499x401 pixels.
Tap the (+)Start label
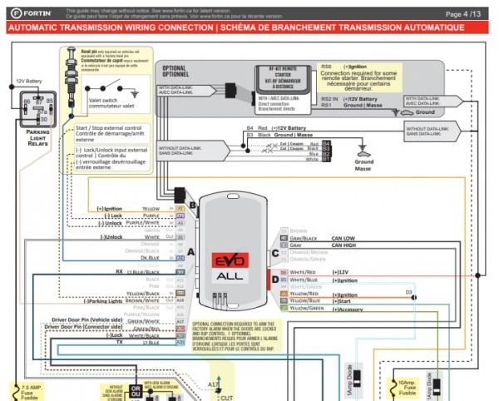point(343,301)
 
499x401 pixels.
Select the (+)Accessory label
point(350,309)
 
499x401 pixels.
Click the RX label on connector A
point(119,271)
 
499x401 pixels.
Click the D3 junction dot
point(408,297)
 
